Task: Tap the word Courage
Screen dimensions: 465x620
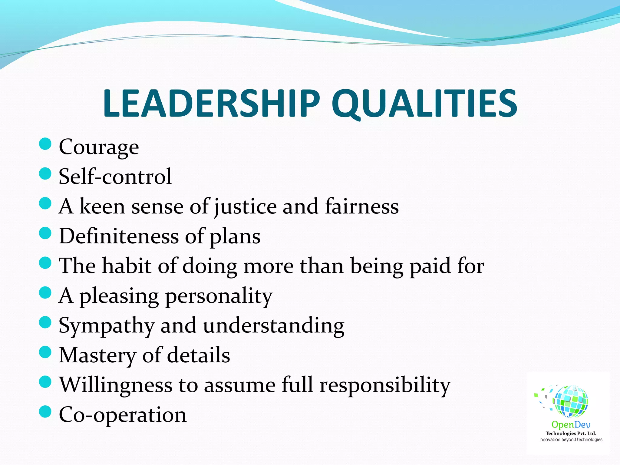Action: coord(99,147)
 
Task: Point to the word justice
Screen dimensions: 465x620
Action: coord(245,206)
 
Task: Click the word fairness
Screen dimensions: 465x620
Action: coord(362,206)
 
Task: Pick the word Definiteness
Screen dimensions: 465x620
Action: coord(119,236)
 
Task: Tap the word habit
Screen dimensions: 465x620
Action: coord(126,266)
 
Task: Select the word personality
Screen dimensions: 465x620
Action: coord(219,296)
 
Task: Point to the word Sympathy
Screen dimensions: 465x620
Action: coord(107,326)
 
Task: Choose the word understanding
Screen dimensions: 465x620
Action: coord(273,326)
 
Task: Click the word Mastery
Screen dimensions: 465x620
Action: coord(97,355)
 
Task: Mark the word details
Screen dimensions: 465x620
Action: coord(198,355)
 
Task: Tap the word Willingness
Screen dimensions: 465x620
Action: coord(116,385)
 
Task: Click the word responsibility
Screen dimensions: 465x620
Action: coord(385,385)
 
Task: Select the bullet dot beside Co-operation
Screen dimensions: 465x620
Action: coord(45,412)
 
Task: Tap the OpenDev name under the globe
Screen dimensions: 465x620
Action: coord(571,425)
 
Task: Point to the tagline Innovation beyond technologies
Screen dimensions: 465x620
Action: coord(571,440)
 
